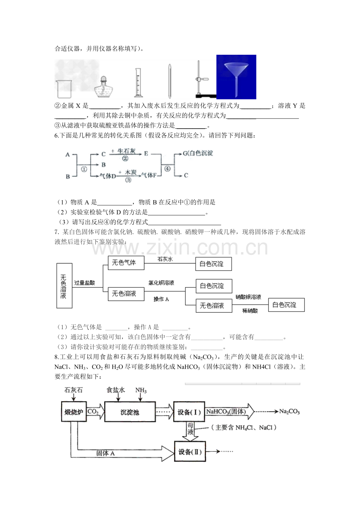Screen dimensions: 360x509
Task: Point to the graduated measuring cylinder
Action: point(138,82)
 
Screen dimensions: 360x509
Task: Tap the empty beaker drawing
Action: point(64,89)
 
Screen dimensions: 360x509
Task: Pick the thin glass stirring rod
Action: point(170,81)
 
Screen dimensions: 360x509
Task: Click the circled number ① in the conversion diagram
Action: point(84,169)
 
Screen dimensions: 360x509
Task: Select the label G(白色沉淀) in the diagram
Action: point(198,153)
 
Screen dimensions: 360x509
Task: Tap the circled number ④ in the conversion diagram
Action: point(167,168)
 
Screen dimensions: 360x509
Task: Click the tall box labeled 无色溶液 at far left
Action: point(64,286)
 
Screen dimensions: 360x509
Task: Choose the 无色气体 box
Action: point(126,263)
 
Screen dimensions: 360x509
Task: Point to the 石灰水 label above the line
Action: point(166,259)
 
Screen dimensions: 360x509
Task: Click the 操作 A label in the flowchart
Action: point(161,299)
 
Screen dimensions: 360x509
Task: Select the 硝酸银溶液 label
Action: point(248,297)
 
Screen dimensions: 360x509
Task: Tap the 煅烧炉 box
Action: point(74,412)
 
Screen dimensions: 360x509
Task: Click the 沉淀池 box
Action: point(130,412)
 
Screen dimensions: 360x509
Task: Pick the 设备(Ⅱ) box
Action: point(190,452)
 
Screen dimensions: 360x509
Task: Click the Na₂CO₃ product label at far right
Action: point(289,412)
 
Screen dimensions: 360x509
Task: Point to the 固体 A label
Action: point(106,453)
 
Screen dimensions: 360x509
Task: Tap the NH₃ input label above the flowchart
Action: point(141,390)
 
